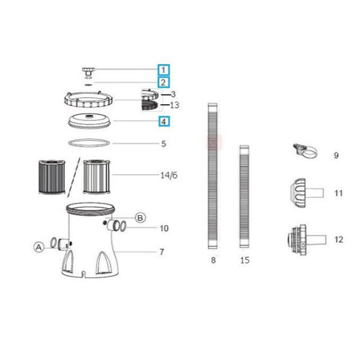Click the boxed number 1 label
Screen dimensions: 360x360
point(163,70)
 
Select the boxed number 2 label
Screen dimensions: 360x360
point(163,82)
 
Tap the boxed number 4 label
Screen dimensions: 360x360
point(163,121)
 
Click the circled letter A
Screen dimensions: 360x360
point(39,247)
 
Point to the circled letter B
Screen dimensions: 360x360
point(140,218)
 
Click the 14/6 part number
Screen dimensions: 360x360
point(169,175)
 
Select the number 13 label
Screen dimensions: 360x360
point(175,105)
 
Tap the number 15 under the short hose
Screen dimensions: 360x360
point(245,260)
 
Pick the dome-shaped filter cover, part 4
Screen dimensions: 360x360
point(90,121)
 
